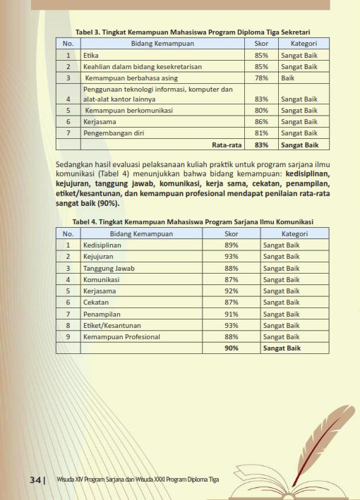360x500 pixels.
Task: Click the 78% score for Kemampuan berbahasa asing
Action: click(x=261, y=78)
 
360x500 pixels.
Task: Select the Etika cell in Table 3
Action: click(x=90, y=55)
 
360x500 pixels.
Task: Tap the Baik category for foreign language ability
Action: click(x=287, y=78)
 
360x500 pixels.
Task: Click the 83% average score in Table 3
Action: click(x=261, y=145)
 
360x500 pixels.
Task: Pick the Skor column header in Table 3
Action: click(x=261, y=44)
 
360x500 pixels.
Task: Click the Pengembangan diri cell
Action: click(x=112, y=133)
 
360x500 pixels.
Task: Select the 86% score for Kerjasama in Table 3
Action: click(x=261, y=122)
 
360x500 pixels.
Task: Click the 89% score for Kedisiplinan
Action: click(x=231, y=245)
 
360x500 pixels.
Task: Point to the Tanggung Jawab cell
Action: click(x=109, y=268)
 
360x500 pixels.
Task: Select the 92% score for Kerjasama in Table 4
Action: click(x=231, y=291)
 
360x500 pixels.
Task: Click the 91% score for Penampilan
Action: click(x=231, y=314)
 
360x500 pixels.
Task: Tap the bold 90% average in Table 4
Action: click(x=231, y=348)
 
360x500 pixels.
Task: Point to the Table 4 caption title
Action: click(x=193, y=221)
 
